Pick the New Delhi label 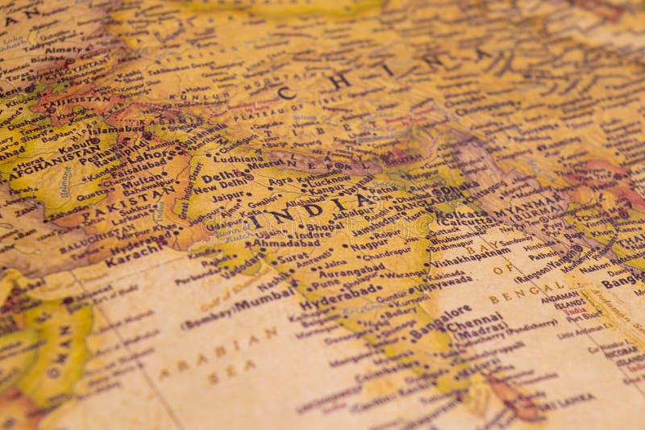[x=218, y=188]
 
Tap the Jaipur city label [x=228, y=196]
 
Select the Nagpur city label [x=368, y=243]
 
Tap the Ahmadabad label [x=285, y=241]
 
